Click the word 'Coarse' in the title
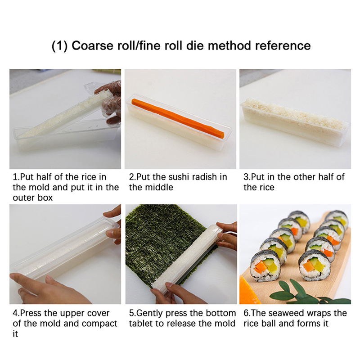coord(93,45)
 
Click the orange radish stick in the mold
coord(177,118)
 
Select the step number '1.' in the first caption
coord(16,177)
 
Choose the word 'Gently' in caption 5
coord(149,313)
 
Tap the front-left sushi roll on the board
coord(265,265)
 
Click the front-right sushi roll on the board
coord(315,265)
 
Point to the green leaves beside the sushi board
coord(308,293)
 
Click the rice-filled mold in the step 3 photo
coord(295,122)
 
